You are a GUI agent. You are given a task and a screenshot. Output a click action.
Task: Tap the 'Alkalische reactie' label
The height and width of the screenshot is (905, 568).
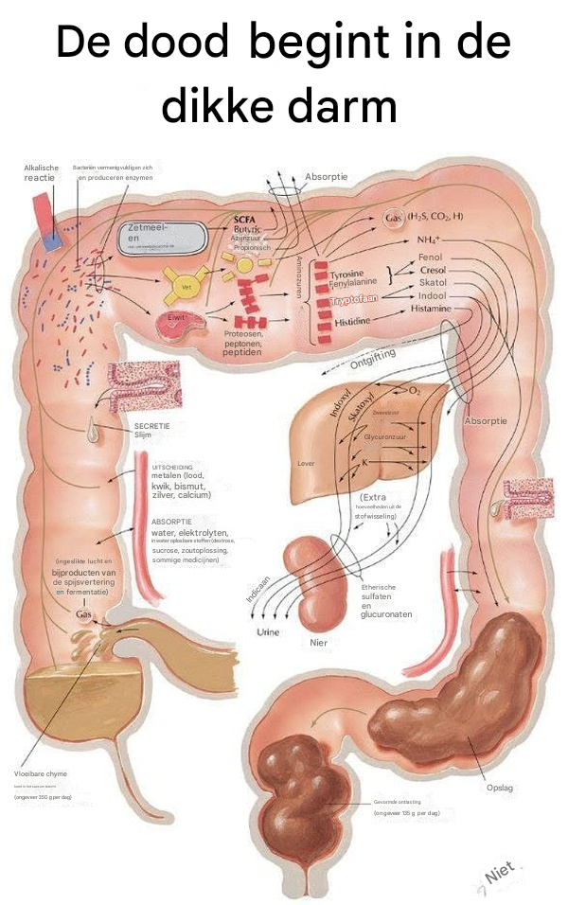(41, 172)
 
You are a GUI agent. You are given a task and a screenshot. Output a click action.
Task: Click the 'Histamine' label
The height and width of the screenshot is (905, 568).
(431, 309)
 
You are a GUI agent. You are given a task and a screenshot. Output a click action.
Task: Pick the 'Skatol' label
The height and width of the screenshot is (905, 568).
(433, 283)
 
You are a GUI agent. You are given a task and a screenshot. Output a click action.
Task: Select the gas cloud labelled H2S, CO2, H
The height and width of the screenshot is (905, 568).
(422, 218)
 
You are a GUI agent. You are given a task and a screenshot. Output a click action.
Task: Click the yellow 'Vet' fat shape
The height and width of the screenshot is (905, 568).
(186, 281)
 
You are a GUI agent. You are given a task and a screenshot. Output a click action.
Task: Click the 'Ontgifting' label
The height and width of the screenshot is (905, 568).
(372, 359)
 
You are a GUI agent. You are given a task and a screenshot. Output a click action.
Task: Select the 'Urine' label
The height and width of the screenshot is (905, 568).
(268, 631)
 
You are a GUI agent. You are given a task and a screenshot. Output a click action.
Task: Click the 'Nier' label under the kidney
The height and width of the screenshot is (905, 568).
(318, 642)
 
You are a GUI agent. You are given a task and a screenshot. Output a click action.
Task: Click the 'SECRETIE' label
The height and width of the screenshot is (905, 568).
(151, 426)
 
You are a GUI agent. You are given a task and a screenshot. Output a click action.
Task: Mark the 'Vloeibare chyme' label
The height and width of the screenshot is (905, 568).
(40, 773)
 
